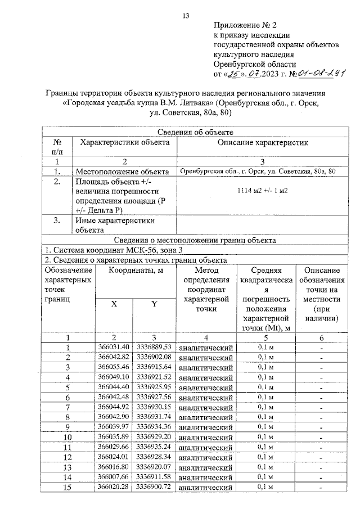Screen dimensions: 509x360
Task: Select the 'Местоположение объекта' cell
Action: pos(122,171)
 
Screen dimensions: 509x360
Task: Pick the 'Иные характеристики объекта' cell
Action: pos(110,225)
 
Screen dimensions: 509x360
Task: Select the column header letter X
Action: pos(114,304)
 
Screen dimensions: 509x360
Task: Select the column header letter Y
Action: pos(154,304)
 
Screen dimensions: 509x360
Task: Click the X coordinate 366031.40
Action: pos(114,347)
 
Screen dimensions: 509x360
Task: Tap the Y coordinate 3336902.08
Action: pos(154,357)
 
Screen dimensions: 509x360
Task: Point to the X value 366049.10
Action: pos(114,377)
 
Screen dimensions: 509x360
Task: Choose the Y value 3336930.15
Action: pos(154,407)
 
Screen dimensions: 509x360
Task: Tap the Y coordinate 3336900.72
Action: pos(154,487)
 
